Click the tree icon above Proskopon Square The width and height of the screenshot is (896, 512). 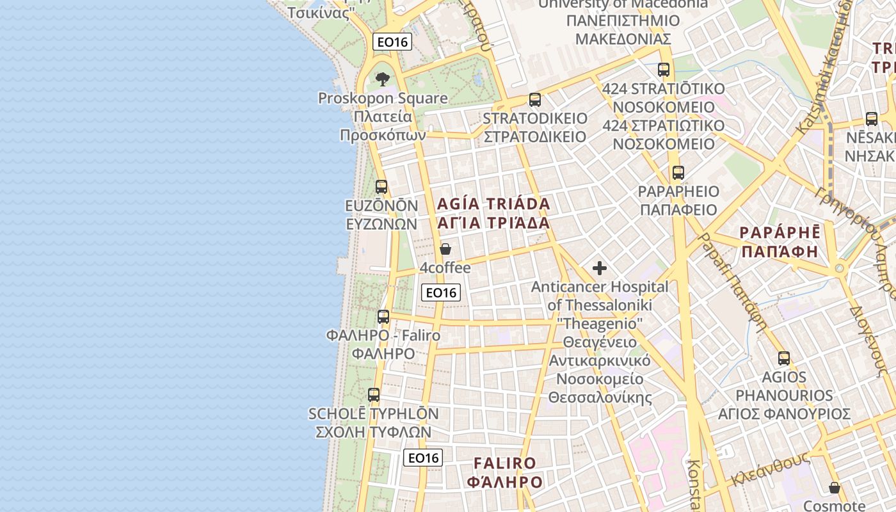[x=383, y=79]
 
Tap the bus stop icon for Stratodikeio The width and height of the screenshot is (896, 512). [x=535, y=100]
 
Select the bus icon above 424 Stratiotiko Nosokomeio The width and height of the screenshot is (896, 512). [x=664, y=70]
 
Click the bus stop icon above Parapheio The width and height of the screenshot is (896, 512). [x=678, y=173]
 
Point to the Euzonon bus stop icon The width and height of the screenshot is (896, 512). [x=381, y=187]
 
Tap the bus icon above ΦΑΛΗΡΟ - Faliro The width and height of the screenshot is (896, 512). [x=383, y=316]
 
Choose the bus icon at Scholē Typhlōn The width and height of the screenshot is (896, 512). [x=374, y=395]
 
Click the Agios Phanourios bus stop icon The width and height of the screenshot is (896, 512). [x=784, y=358]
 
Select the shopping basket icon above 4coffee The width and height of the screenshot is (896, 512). [x=445, y=249]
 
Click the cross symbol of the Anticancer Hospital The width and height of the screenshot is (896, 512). [x=600, y=268]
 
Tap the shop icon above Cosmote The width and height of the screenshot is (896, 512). [x=835, y=488]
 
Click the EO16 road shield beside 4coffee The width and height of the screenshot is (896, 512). [x=442, y=292]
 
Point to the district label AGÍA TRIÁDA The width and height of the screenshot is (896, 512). [x=493, y=204]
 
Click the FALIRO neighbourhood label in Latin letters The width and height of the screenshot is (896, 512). [x=505, y=463]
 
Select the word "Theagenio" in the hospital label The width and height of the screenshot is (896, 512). [x=600, y=324]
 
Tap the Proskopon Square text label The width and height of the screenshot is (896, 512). [x=383, y=99]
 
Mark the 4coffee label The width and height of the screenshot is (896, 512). [x=445, y=268]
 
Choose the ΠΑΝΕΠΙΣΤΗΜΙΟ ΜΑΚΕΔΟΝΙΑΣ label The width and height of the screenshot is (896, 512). [x=623, y=30]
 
